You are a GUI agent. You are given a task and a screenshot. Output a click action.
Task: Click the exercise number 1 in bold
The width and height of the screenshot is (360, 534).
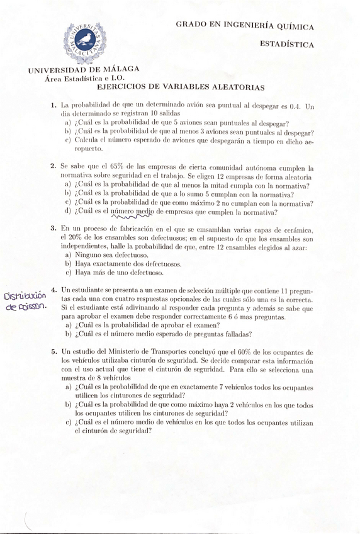point(55,106)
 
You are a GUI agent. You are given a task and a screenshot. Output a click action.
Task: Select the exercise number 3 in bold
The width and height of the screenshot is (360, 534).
point(55,230)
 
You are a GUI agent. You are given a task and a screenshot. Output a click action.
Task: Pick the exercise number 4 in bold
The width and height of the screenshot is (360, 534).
point(55,290)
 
